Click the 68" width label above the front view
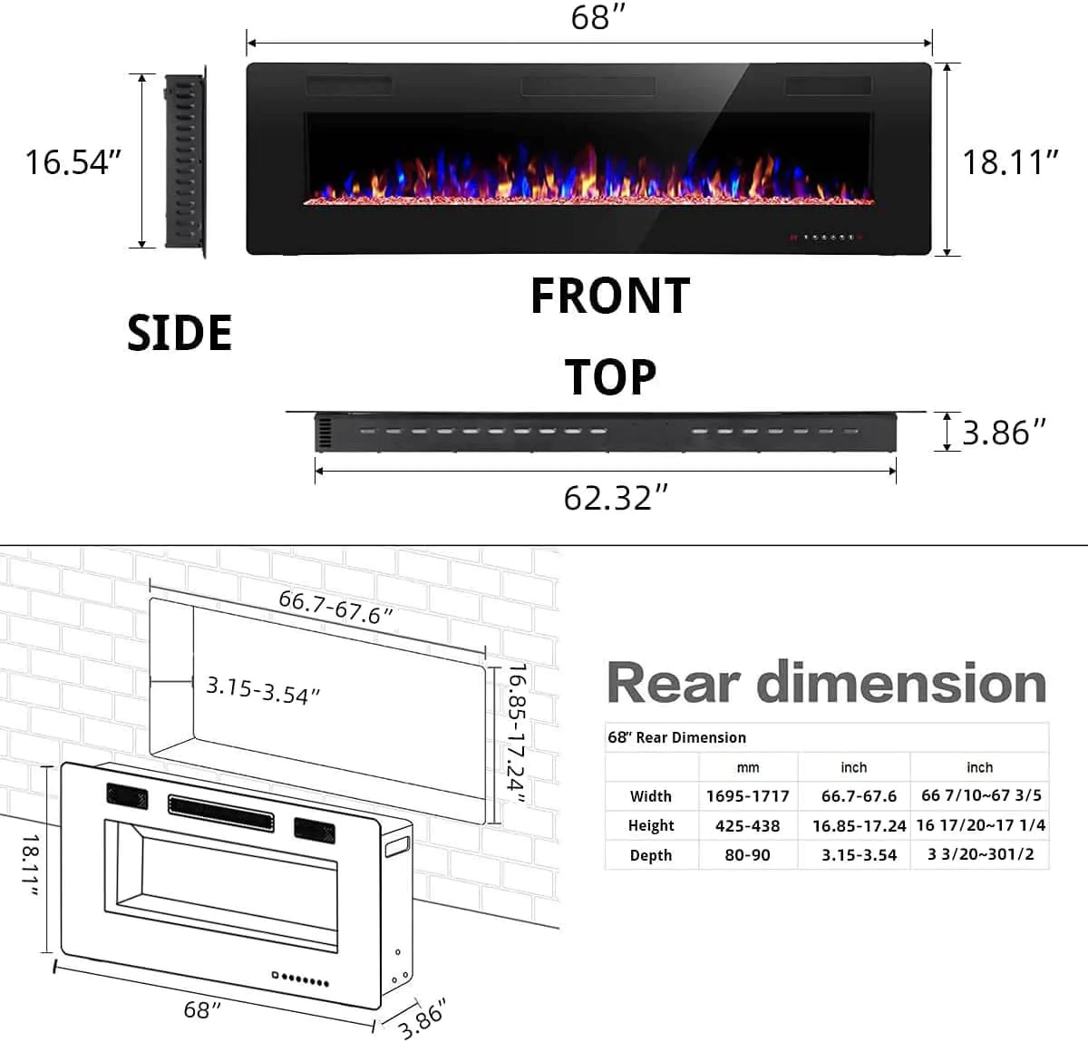pyautogui.click(x=598, y=17)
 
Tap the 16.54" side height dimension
pyautogui.click(x=73, y=162)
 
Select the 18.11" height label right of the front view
pyautogui.click(x=1010, y=162)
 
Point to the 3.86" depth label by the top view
pyautogui.click(x=1004, y=433)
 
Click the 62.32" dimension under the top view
pyautogui.click(x=616, y=498)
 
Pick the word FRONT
pyautogui.click(x=610, y=297)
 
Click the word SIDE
pyautogui.click(x=180, y=333)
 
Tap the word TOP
pyautogui.click(x=610, y=377)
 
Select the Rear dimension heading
pyautogui.click(x=826, y=683)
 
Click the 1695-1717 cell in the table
pyautogui.click(x=748, y=796)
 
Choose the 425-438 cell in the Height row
pyautogui.click(x=748, y=825)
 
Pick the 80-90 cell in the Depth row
pyautogui.click(x=748, y=855)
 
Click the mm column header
pyautogui.click(x=748, y=767)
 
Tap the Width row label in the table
pyautogui.click(x=651, y=796)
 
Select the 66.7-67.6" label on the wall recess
pyautogui.click(x=335, y=607)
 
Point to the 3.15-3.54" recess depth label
pyautogui.click(x=263, y=689)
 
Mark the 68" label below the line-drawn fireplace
pyautogui.click(x=202, y=1009)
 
